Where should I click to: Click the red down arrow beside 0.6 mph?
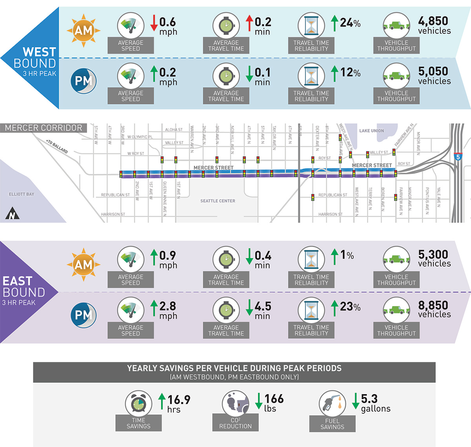(x=154, y=23)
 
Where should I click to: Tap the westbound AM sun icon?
(x=83, y=30)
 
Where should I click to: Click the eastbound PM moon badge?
(x=83, y=315)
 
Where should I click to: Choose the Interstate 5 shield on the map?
(x=458, y=157)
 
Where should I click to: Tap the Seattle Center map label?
(x=218, y=201)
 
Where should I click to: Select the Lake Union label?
(x=371, y=130)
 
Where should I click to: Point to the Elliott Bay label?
(x=22, y=194)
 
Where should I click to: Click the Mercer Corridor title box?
(x=44, y=128)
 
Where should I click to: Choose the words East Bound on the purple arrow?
(x=23, y=287)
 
